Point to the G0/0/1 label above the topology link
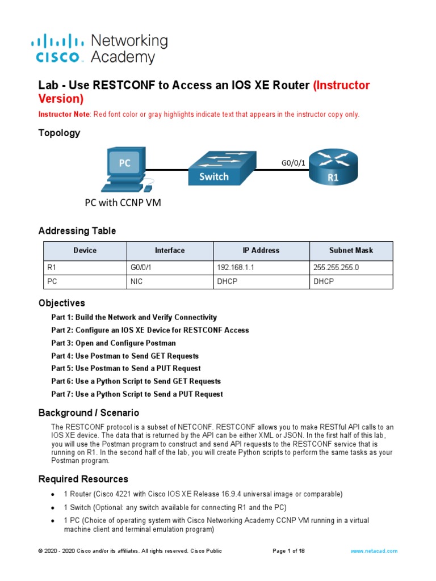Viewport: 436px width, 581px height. pyautogui.click(x=294, y=163)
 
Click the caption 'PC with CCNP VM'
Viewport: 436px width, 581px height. pyautogui.click(x=123, y=203)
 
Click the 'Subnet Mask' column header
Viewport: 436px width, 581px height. pyautogui.click(x=351, y=250)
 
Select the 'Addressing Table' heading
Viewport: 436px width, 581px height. pyautogui.click(x=77, y=231)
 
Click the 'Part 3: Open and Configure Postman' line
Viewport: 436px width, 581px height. pyautogui.click(x=114, y=343)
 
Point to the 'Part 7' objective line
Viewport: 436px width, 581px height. pyautogui.click(x=137, y=394)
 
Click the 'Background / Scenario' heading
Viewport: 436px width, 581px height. pyautogui.click(x=89, y=412)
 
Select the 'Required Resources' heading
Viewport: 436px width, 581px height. pyautogui.click(x=83, y=479)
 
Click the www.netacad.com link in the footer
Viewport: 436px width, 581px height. pyautogui.click(x=374, y=551)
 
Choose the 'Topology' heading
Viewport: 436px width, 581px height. pyautogui.click(x=59, y=133)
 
